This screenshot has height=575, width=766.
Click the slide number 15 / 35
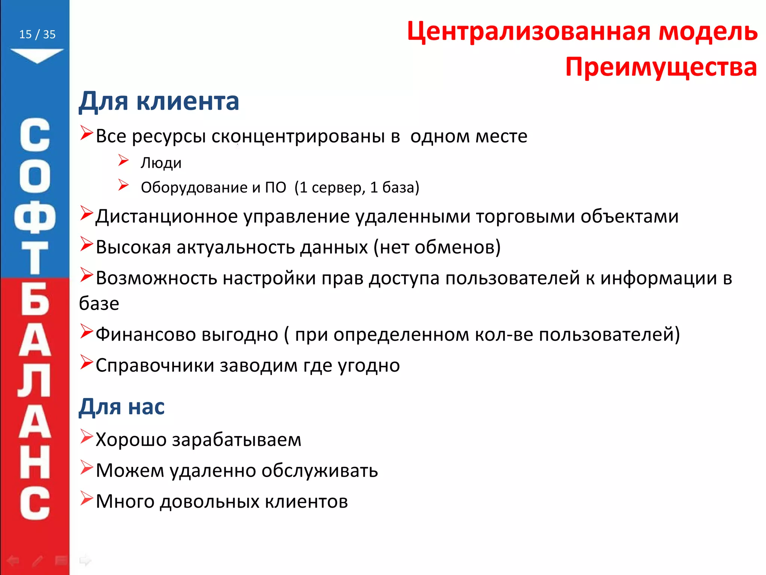pos(37,34)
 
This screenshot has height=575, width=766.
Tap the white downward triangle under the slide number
pos(37,55)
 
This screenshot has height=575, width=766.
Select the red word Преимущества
pos(661,67)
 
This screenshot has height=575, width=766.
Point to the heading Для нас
pos(122,407)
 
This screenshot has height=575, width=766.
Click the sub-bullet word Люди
pos(161,163)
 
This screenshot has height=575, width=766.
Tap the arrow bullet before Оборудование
pos(123,185)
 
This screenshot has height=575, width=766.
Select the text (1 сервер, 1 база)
pos(357,188)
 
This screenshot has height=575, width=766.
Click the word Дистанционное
pos(166,217)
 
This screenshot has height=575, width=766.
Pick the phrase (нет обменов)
pos(437,247)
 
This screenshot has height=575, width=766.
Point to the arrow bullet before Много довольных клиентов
pos(86,499)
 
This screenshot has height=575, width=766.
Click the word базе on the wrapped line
pos(99,304)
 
